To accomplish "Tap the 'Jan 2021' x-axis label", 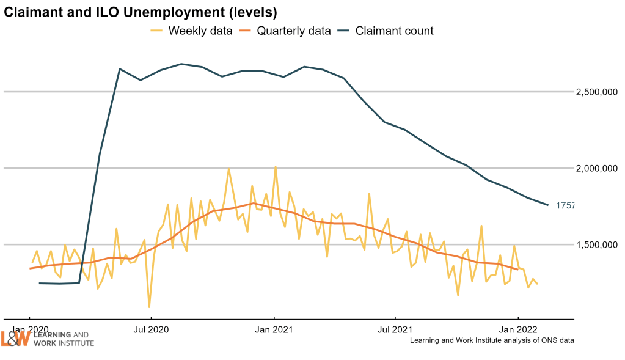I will click(x=274, y=329).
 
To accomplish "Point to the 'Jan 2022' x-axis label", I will click(x=518, y=329).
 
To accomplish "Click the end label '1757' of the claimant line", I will click(x=565, y=206).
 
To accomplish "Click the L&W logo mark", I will click(x=15, y=339).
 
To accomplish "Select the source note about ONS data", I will click(x=492, y=340).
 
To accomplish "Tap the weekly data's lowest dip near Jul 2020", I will click(x=149, y=306).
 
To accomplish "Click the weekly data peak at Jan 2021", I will click(x=276, y=167).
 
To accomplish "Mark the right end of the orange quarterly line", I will click(x=518, y=269).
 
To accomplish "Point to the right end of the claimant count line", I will click(x=547, y=204).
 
